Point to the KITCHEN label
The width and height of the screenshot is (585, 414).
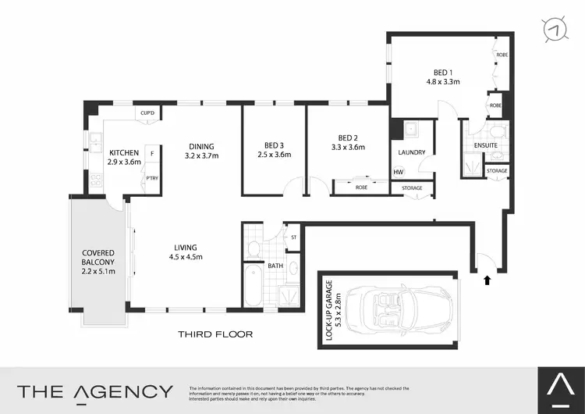124,152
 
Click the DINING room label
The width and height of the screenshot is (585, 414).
201,146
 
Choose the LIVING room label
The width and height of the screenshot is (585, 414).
186,248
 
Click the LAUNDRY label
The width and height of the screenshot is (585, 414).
410,153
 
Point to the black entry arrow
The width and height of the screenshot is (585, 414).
487,278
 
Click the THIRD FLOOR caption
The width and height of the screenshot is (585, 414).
215,334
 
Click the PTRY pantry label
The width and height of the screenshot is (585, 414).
152,179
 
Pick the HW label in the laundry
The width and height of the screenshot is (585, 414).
399,173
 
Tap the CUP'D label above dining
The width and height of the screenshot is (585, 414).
147,112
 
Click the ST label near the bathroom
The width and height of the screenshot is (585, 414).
294,237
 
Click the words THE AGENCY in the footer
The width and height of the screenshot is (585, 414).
95,391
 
